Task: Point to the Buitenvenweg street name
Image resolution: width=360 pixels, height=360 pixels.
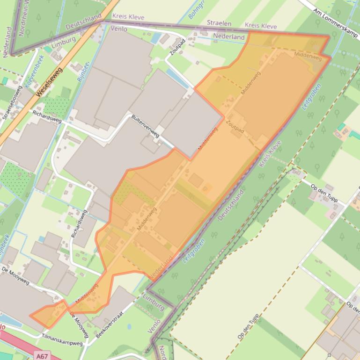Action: click(x=146, y=125)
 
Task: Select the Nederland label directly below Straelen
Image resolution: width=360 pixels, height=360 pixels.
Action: click(x=229, y=36)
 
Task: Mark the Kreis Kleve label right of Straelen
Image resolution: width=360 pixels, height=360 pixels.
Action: click(x=261, y=26)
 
